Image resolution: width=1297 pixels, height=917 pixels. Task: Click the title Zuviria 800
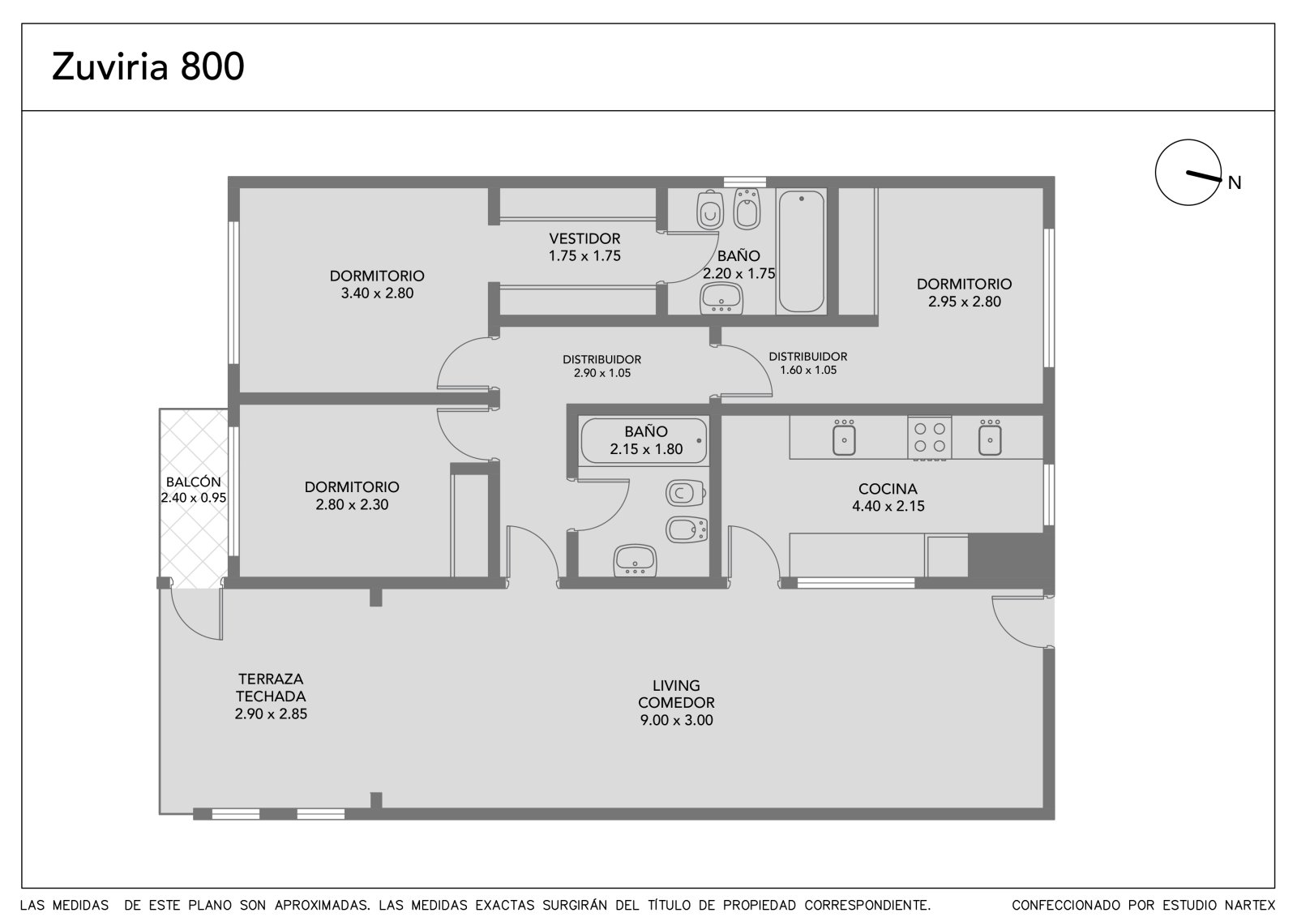tap(148, 66)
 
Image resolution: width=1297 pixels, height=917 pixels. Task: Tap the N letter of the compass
tap(1234, 183)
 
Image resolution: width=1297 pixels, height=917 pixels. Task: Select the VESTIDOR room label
tap(584, 238)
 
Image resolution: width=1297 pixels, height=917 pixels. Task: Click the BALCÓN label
tap(194, 482)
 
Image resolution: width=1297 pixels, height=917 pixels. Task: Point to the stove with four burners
tap(929, 438)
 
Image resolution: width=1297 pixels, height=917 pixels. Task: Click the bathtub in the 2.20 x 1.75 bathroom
tap(802, 251)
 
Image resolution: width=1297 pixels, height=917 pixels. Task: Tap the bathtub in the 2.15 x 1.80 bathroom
tap(644, 441)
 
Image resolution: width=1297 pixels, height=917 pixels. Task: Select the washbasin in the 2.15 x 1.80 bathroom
tap(636, 560)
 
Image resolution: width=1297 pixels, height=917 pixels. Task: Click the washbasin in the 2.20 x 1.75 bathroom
tap(721, 299)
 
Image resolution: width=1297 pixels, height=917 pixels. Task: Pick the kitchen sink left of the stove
tap(844, 439)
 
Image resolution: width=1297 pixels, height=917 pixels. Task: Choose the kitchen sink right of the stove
tap(990, 439)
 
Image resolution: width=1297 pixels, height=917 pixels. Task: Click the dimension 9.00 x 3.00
tap(676, 720)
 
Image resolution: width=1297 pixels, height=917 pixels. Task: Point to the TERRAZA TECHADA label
tap(271, 687)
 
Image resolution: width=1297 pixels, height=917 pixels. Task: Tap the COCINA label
tap(888, 489)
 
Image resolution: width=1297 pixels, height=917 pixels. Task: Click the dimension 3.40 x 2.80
tap(377, 294)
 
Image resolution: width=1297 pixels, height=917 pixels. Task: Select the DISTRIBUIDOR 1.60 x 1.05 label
tap(807, 363)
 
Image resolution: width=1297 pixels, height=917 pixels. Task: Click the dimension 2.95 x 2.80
tap(965, 302)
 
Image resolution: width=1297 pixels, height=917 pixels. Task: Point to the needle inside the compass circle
tap(1204, 176)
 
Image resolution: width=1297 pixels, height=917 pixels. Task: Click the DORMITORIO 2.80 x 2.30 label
tap(352, 495)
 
